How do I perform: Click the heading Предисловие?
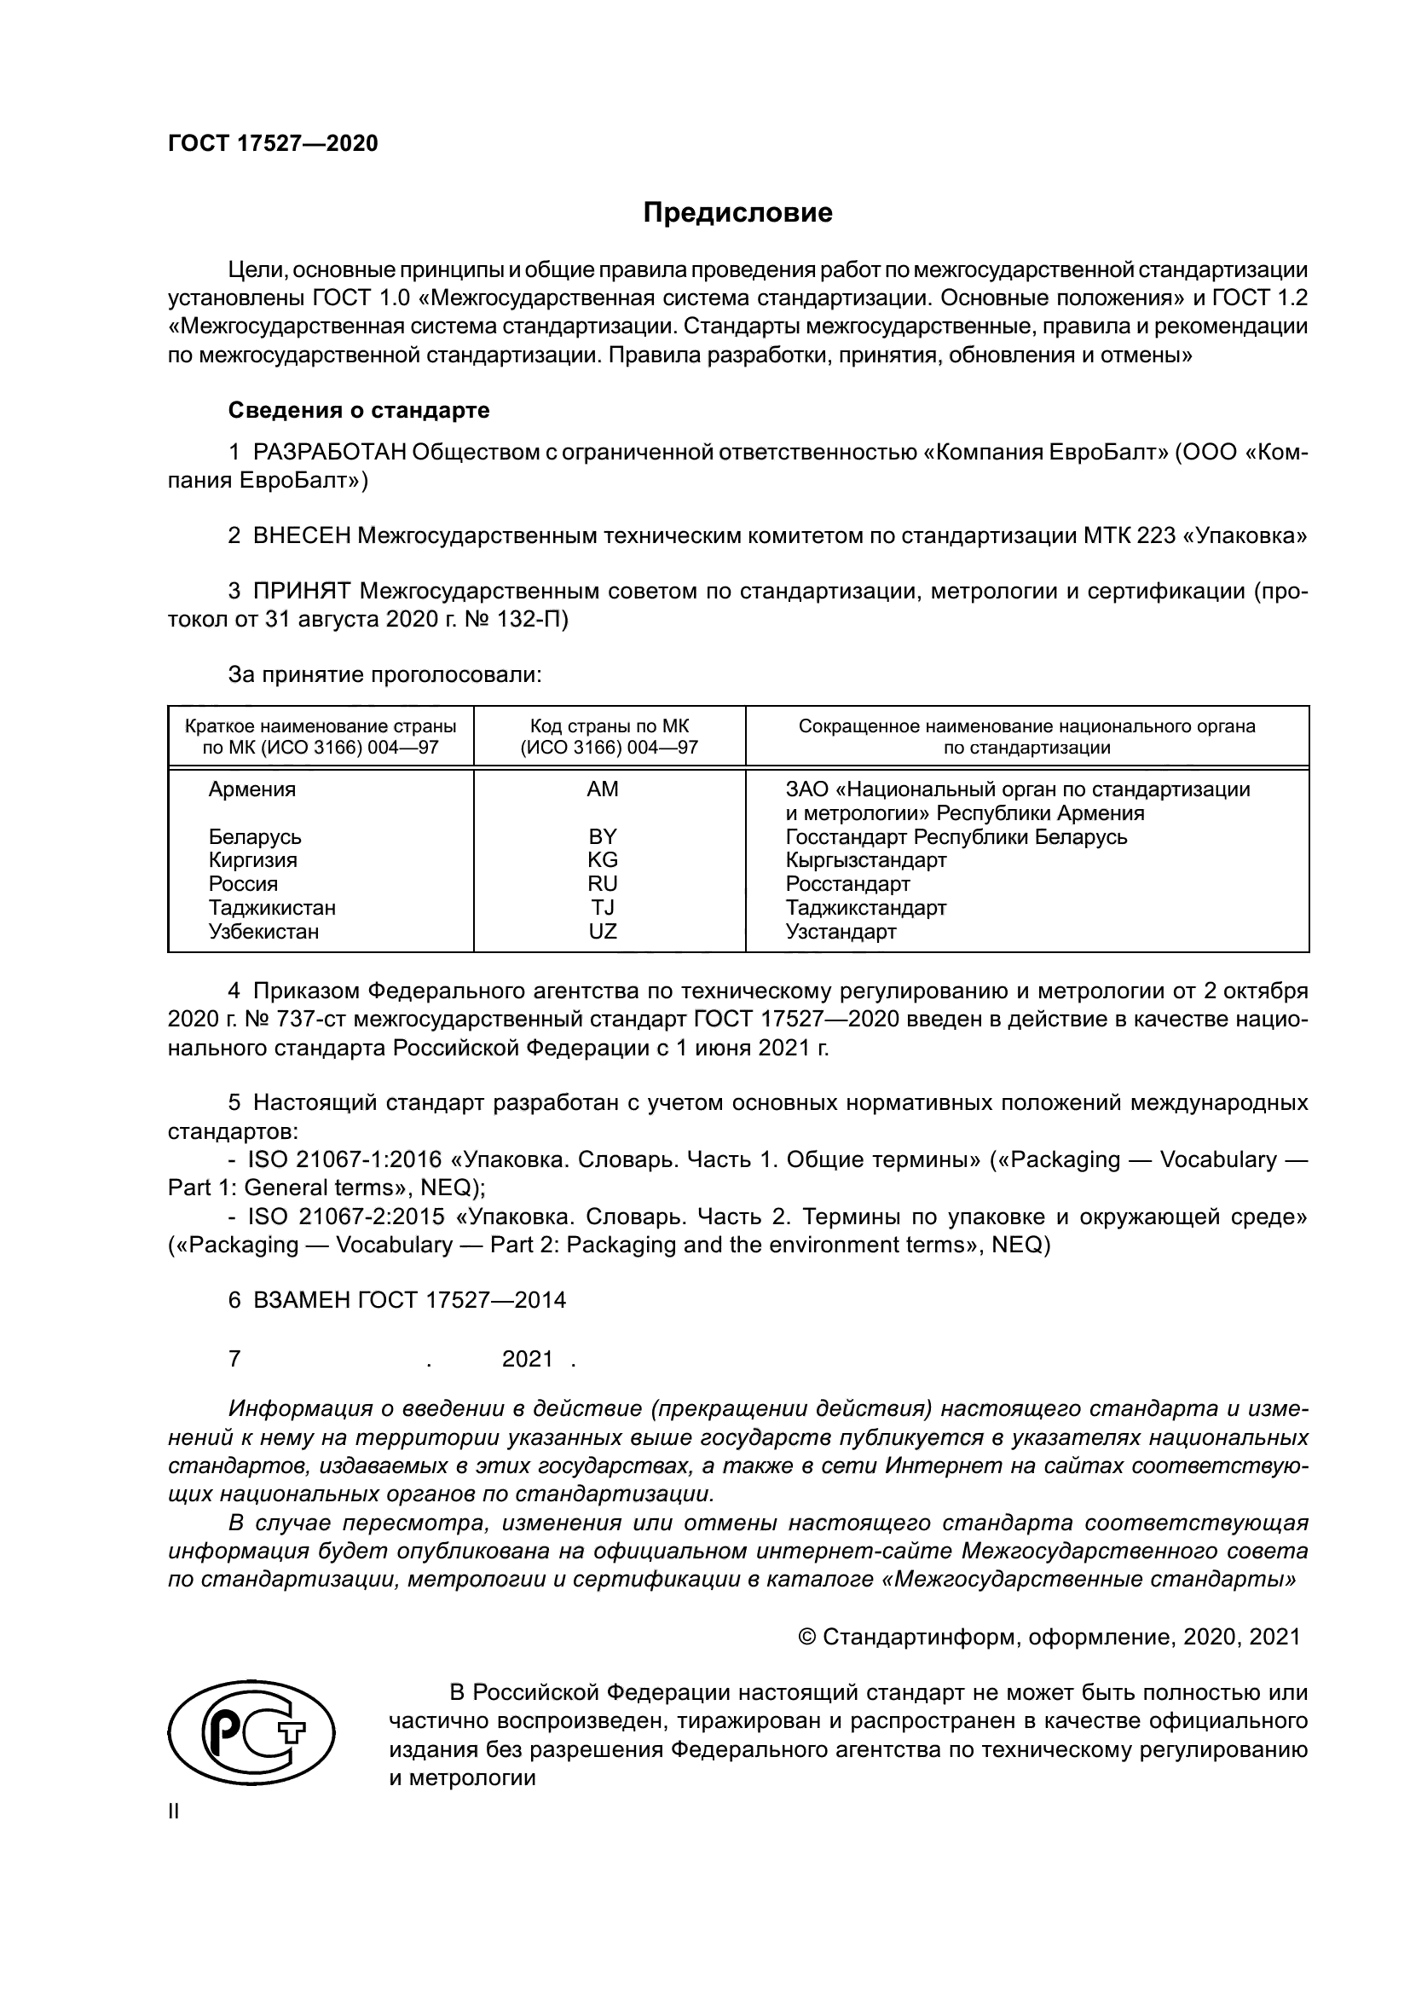point(737,213)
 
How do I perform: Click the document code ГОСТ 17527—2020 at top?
point(273,144)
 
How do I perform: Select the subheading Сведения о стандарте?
point(359,410)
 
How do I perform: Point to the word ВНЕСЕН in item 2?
point(301,536)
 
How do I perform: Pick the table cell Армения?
point(251,789)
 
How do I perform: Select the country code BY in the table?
point(603,836)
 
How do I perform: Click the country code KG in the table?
point(603,860)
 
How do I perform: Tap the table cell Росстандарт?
point(847,884)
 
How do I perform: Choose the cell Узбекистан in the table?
point(263,932)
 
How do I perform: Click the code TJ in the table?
point(603,908)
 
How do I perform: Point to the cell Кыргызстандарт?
point(865,860)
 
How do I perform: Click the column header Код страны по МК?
point(609,726)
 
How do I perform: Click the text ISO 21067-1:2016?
point(344,1159)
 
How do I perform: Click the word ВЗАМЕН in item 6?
point(301,1300)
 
